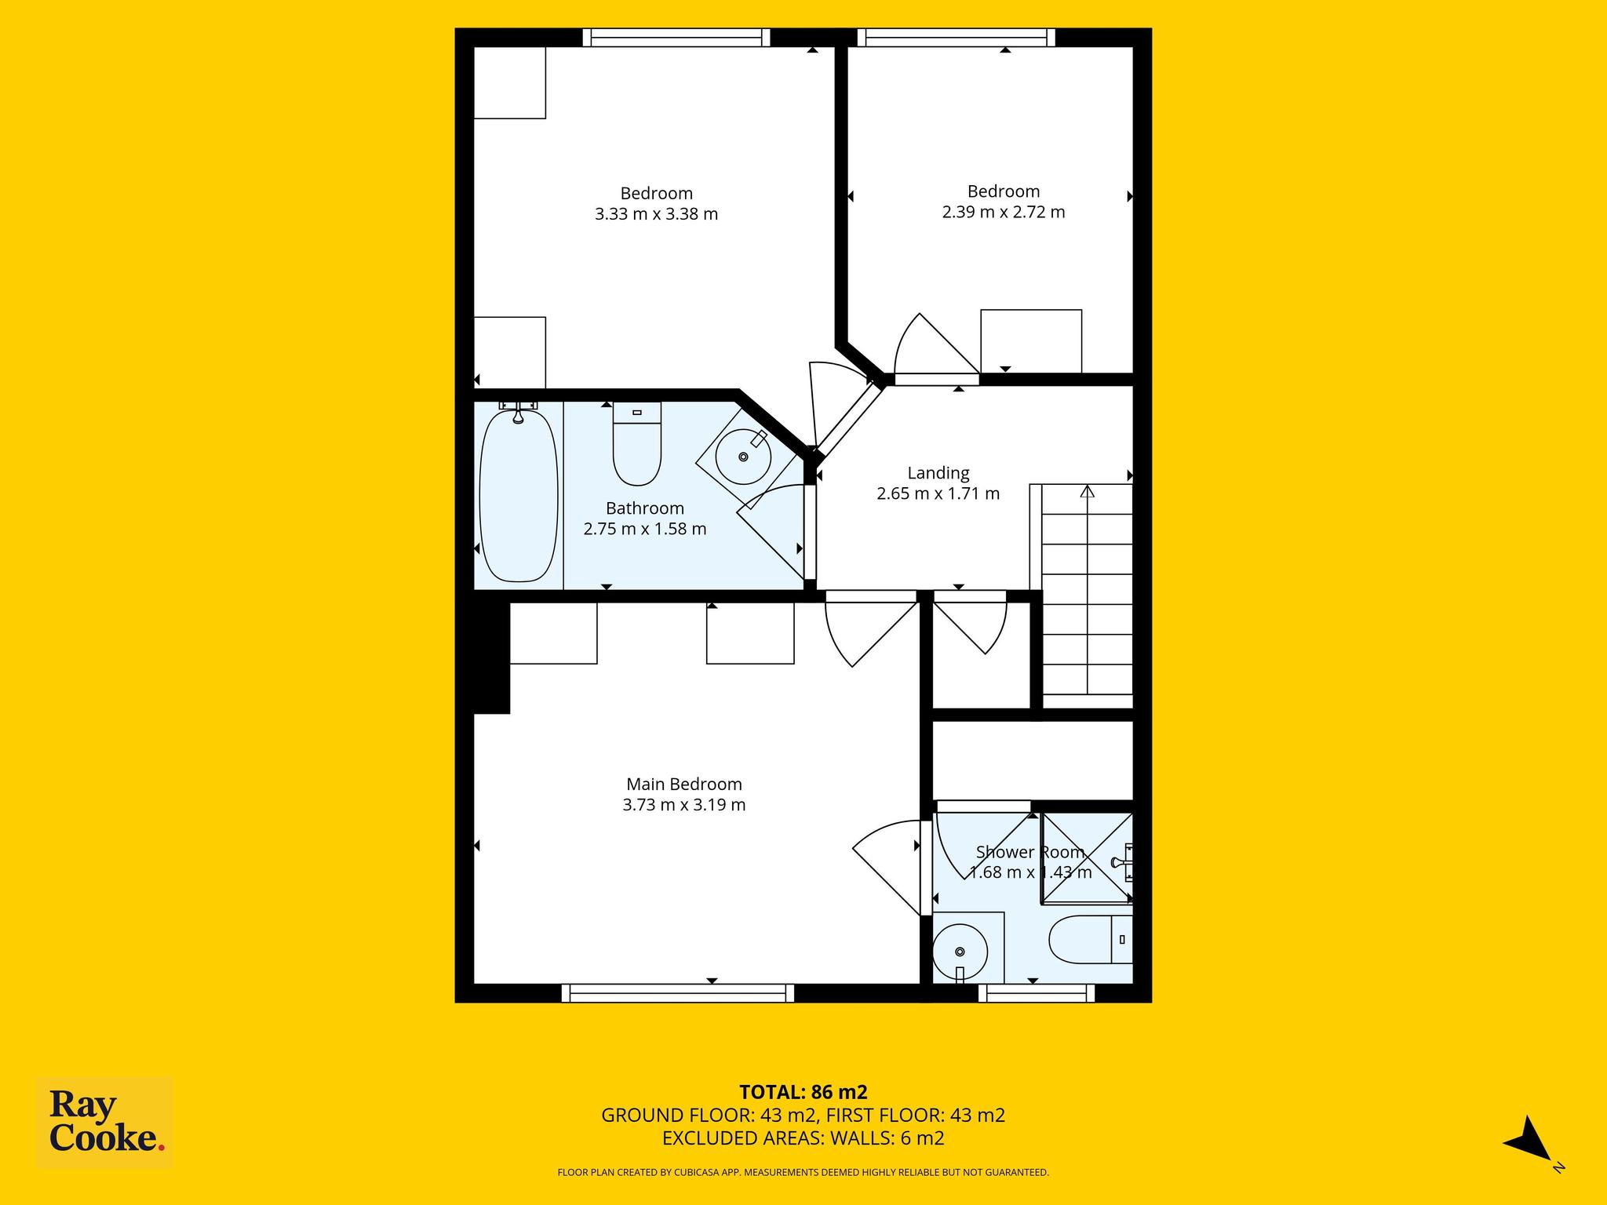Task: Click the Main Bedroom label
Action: tap(683, 784)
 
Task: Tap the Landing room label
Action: tap(938, 473)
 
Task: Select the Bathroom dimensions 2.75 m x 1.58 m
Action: tap(645, 529)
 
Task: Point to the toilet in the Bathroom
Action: tap(637, 443)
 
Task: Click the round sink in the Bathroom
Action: tap(743, 456)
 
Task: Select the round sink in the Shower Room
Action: tap(960, 952)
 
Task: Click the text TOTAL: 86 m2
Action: tap(803, 1091)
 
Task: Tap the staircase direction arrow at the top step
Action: tap(1087, 492)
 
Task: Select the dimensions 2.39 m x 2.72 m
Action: tap(1004, 212)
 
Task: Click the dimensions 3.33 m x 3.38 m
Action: tap(657, 213)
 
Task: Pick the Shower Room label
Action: tap(1030, 852)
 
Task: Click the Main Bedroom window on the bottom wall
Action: tap(678, 993)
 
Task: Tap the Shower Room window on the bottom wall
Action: tap(1037, 993)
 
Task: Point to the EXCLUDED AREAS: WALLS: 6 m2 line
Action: tap(803, 1138)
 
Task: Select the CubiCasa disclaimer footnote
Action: tap(803, 1172)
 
